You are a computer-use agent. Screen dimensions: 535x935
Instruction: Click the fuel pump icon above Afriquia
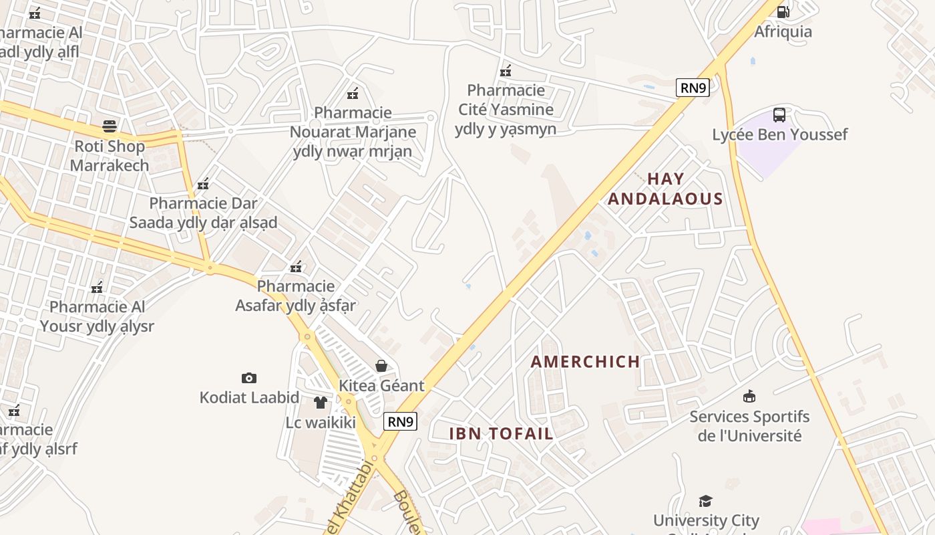click(x=783, y=11)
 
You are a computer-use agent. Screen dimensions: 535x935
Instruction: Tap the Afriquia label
click(x=783, y=31)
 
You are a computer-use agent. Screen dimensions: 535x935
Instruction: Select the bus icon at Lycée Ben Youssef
click(x=779, y=114)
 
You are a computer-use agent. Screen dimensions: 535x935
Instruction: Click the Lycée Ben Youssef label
click(x=779, y=134)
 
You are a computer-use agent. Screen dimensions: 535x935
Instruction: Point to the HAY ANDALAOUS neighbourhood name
click(x=665, y=189)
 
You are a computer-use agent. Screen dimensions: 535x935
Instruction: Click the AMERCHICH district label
click(x=585, y=362)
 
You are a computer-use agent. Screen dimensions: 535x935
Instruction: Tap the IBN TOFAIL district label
click(x=501, y=433)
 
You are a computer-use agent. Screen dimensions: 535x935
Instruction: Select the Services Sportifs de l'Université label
click(x=749, y=426)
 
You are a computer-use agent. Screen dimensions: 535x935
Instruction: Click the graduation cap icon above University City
click(x=705, y=501)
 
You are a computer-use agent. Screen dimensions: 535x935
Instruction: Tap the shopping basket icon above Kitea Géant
click(x=381, y=366)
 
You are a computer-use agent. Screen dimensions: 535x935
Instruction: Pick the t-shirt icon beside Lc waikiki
click(x=321, y=403)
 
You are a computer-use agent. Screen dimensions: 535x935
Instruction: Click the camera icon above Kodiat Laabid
click(x=249, y=379)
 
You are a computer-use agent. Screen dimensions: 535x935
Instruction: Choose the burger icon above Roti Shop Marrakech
click(x=110, y=126)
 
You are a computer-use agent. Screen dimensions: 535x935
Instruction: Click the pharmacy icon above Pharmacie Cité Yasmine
click(x=506, y=70)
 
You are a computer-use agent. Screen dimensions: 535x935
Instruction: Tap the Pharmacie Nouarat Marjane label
click(x=353, y=132)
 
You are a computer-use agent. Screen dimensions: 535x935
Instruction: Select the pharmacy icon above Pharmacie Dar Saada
click(x=203, y=183)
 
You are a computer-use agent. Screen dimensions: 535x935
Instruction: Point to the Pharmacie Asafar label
click(x=295, y=296)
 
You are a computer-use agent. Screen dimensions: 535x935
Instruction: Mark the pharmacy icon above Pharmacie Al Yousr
click(x=97, y=288)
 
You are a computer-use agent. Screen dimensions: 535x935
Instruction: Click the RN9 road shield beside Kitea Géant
click(x=401, y=421)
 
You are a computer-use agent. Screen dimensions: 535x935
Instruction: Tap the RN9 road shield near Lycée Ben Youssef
click(x=693, y=88)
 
